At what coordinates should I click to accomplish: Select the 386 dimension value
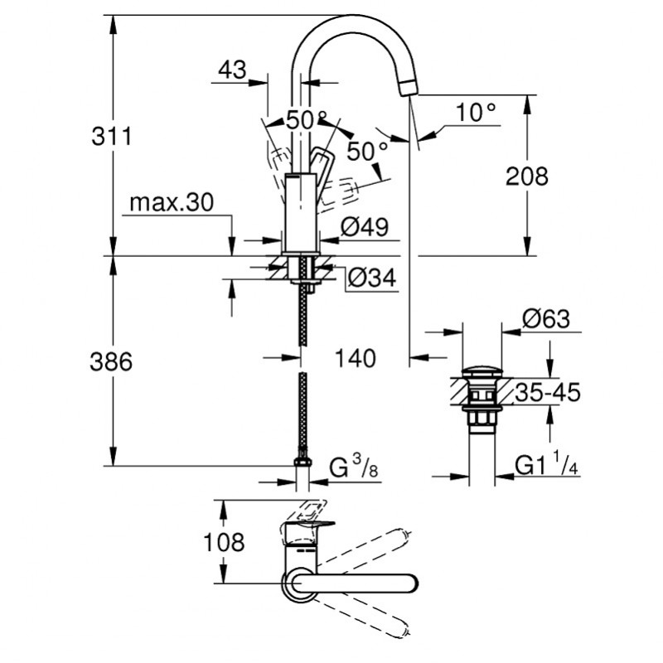[113, 361]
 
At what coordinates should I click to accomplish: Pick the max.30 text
[172, 202]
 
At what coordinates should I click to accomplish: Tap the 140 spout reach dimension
[354, 358]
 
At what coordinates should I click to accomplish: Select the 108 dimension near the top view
[225, 544]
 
